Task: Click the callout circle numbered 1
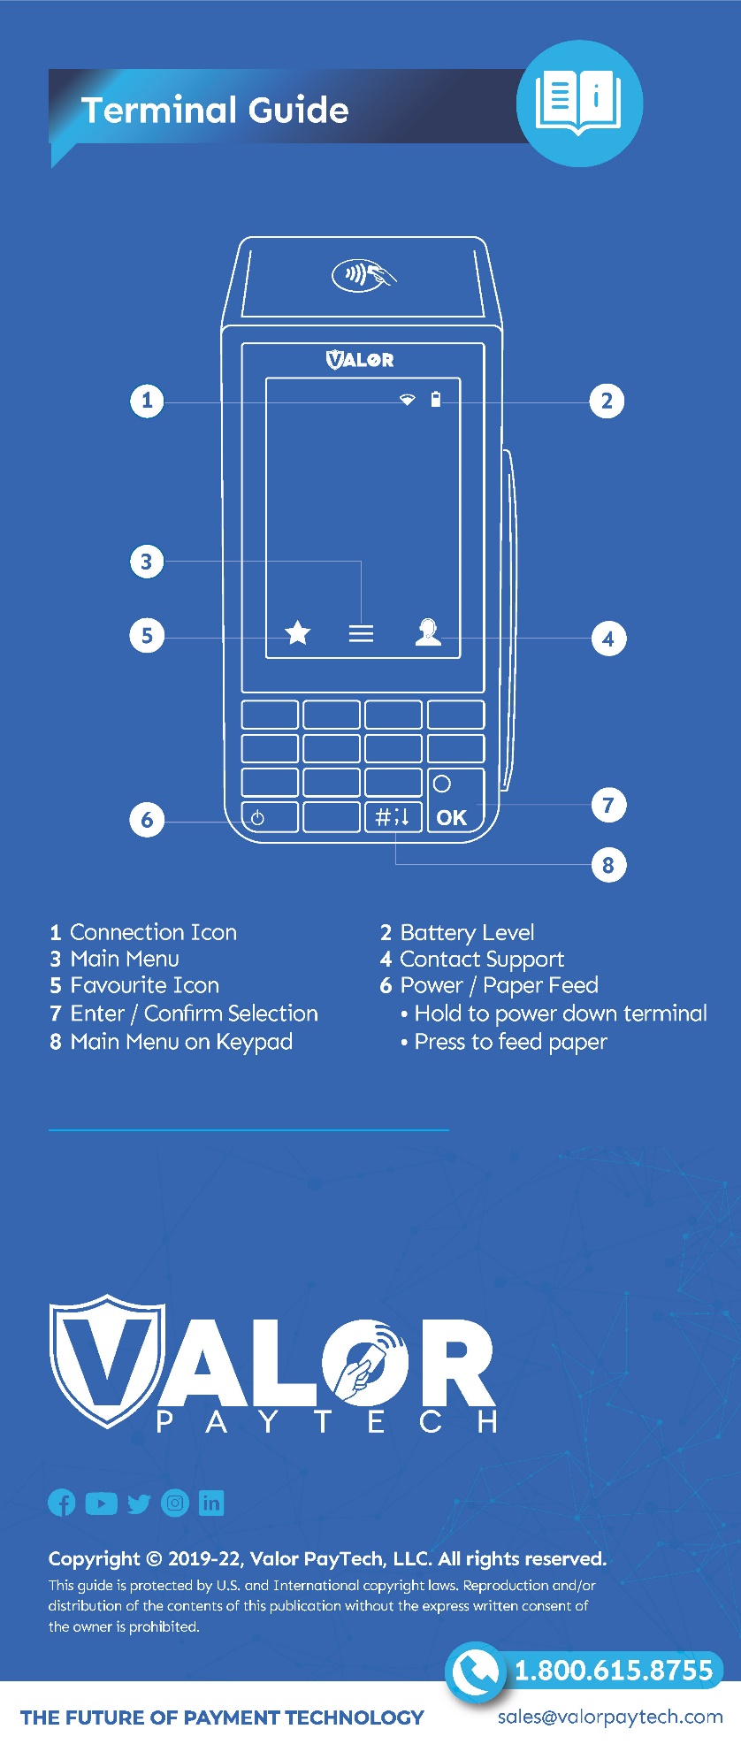tap(147, 401)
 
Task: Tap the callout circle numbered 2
tap(607, 402)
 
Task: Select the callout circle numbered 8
tap(608, 865)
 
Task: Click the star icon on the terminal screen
tap(298, 633)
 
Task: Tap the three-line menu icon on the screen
tap(361, 633)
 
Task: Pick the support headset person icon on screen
tap(428, 632)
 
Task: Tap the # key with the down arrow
tap(393, 817)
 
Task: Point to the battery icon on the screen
tap(435, 400)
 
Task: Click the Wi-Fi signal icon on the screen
tap(407, 401)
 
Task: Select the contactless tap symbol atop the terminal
tap(363, 275)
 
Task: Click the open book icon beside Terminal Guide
tap(579, 103)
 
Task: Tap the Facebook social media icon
tap(62, 1503)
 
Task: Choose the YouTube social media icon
tap(101, 1503)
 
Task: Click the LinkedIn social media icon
tap(211, 1503)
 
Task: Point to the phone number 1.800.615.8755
tap(614, 1670)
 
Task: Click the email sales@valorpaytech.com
tap(610, 1717)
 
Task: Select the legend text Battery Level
tap(467, 932)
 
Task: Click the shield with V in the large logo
tap(107, 1361)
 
